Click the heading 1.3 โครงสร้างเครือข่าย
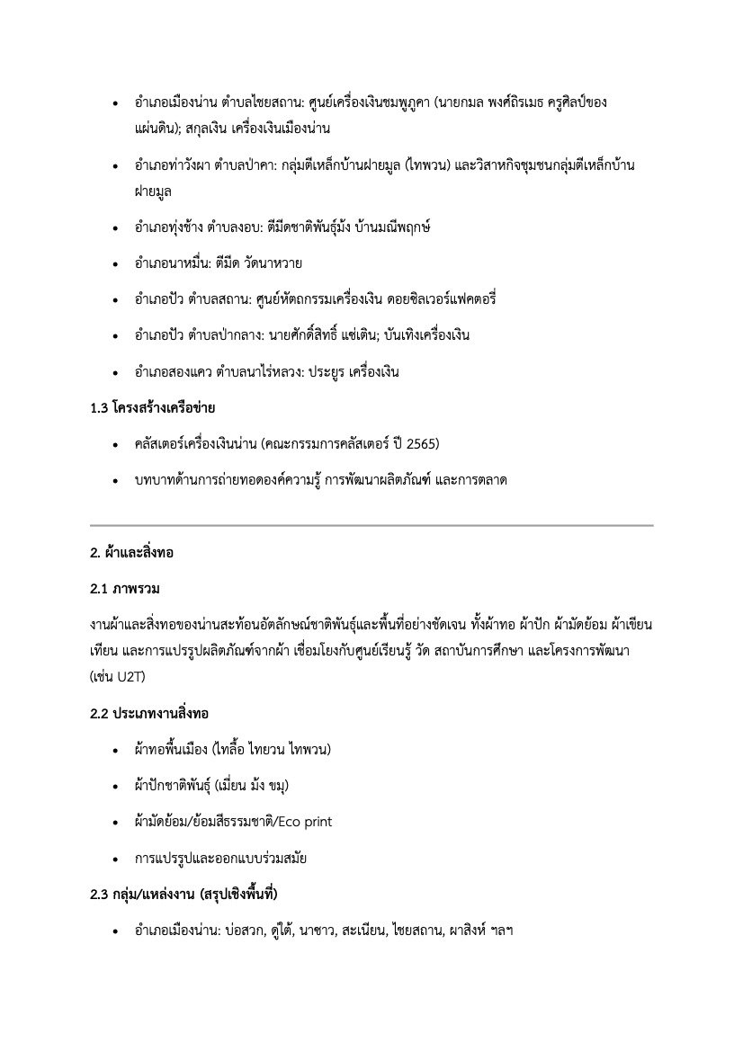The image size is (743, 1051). [152, 408]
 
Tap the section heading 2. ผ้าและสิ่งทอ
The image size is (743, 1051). [131, 554]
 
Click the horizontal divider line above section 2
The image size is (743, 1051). [371, 524]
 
